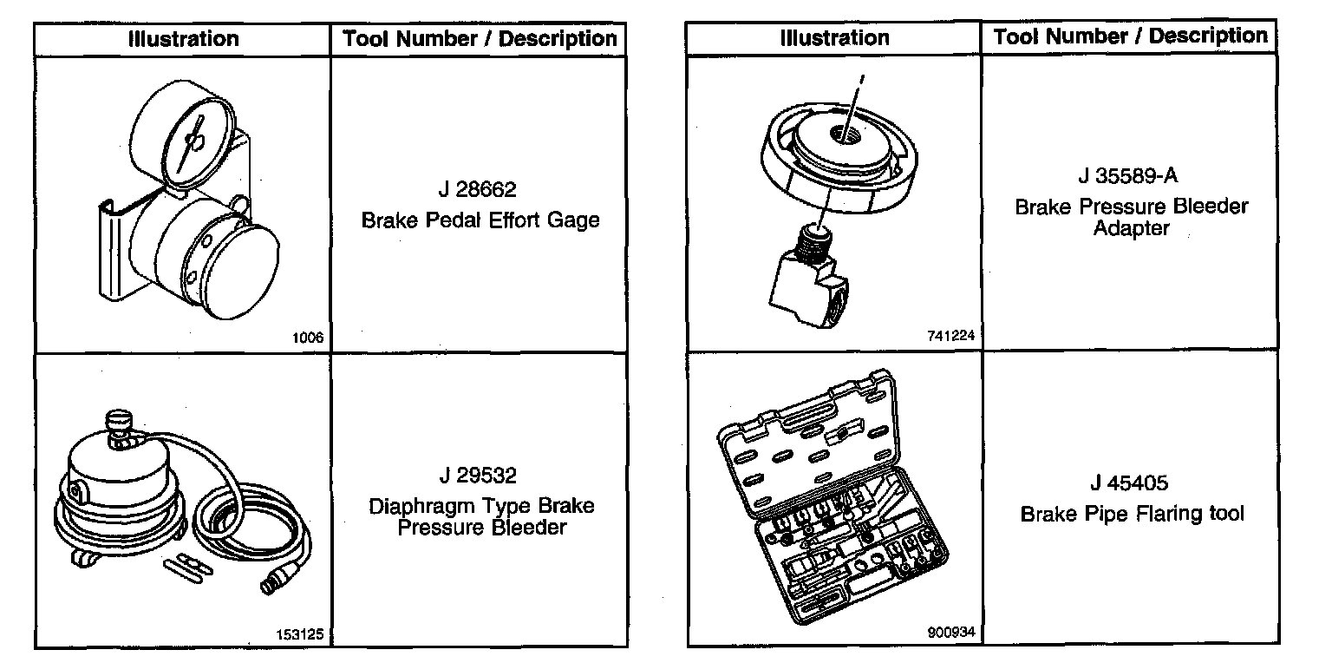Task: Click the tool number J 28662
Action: [478, 189]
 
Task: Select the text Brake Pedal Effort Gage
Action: [480, 220]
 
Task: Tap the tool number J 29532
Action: [478, 476]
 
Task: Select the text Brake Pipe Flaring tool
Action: [1132, 514]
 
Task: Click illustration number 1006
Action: [309, 338]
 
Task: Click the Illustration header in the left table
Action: [183, 39]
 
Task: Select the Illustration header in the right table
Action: [834, 37]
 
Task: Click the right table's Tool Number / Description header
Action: [1130, 36]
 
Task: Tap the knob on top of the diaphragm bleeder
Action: [117, 423]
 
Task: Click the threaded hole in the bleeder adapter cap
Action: [844, 134]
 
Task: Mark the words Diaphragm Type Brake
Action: [482, 506]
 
